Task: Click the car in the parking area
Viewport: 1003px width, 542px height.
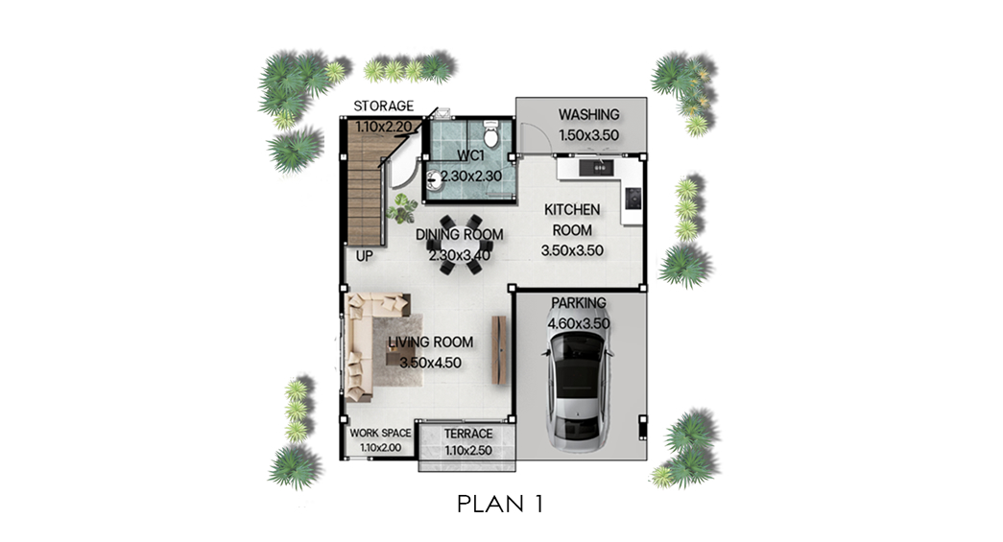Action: tap(577, 389)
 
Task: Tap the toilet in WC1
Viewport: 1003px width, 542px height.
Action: tap(491, 132)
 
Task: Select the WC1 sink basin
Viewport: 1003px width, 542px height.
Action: tap(434, 179)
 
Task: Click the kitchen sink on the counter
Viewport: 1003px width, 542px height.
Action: tap(596, 168)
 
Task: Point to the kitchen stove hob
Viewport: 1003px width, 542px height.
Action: tap(633, 198)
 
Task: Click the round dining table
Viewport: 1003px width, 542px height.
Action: tap(460, 245)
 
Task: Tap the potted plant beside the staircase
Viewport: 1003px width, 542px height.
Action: tap(402, 208)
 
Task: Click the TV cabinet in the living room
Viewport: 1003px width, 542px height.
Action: tap(499, 350)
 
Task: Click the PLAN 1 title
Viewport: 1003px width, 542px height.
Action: tap(500, 504)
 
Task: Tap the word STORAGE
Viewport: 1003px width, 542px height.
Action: tap(383, 106)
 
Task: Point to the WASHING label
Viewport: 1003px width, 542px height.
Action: tap(588, 114)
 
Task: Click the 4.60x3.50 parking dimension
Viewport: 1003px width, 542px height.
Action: tap(578, 323)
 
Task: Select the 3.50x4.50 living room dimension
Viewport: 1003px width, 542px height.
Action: tap(431, 363)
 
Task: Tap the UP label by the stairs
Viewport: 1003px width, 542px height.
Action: tap(364, 256)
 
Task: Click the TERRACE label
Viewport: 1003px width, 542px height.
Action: tap(468, 434)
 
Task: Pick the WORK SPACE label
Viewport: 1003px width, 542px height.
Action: tap(380, 433)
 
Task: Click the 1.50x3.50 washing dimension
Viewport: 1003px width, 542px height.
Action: tap(588, 135)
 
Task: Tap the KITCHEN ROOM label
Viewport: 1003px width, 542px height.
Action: tap(572, 220)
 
